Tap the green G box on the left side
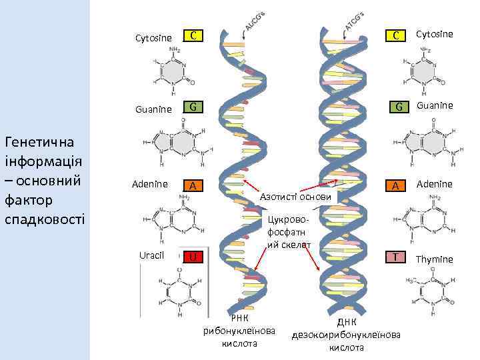click(x=192, y=107)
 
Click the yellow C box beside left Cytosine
click(x=192, y=35)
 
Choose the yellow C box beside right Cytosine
click(x=397, y=35)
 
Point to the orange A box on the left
click(x=192, y=186)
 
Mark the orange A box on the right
click(x=396, y=186)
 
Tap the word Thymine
click(x=434, y=259)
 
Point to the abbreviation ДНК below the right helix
click(x=347, y=322)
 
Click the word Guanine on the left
click(x=153, y=108)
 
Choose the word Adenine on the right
click(x=435, y=184)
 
